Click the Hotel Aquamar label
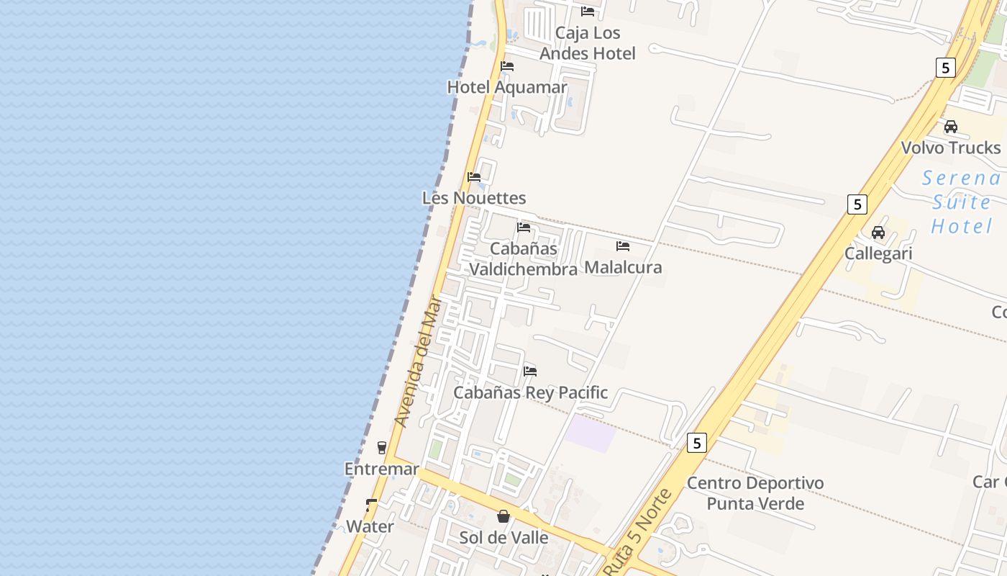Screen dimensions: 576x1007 pyautogui.click(x=507, y=87)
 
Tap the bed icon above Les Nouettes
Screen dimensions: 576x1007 pyautogui.click(x=474, y=176)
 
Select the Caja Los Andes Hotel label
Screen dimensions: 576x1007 pyautogui.click(x=588, y=43)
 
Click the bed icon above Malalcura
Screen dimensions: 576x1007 pyautogui.click(x=623, y=246)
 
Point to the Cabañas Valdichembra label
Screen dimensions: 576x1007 pyautogui.click(x=524, y=258)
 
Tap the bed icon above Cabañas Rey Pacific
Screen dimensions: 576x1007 pyautogui.click(x=530, y=371)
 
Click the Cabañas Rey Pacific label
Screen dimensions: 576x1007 pyautogui.click(x=530, y=392)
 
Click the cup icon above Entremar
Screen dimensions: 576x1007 pyautogui.click(x=382, y=447)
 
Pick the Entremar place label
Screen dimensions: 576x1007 pyautogui.click(x=381, y=469)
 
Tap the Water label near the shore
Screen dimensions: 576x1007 pyautogui.click(x=370, y=526)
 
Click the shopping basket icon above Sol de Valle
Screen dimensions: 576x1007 pyautogui.click(x=503, y=516)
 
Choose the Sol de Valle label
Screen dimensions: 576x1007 pyautogui.click(x=503, y=538)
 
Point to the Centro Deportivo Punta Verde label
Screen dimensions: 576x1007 pyautogui.click(x=755, y=492)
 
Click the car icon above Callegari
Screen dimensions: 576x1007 pyautogui.click(x=878, y=232)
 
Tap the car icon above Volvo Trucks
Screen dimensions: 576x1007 pyautogui.click(x=951, y=127)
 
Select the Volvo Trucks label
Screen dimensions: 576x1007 pyautogui.click(x=951, y=148)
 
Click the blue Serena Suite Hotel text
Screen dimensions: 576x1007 pyautogui.click(x=962, y=202)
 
